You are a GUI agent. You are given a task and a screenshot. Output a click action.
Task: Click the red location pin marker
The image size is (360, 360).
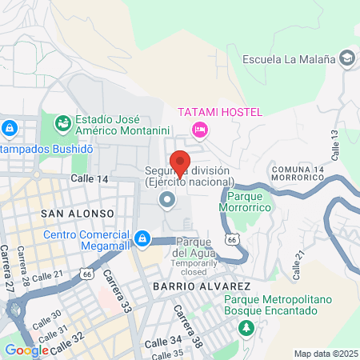181,162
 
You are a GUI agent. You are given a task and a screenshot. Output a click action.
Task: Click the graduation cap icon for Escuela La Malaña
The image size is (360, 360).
348,58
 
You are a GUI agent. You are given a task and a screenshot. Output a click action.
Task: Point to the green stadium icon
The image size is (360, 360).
62,123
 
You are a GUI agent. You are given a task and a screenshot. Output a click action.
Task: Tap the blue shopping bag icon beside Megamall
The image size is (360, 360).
142,238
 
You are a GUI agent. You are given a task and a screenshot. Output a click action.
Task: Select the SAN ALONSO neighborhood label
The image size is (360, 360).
69,214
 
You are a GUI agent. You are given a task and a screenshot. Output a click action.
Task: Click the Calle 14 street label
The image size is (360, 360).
89,179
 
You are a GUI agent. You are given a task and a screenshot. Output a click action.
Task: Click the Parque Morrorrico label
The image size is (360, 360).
249,202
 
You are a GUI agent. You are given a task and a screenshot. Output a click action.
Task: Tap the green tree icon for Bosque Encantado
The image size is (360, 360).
247,328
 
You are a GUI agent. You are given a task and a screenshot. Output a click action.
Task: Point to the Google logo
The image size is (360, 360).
27,350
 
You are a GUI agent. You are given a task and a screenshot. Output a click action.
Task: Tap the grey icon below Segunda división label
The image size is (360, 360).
167,199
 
